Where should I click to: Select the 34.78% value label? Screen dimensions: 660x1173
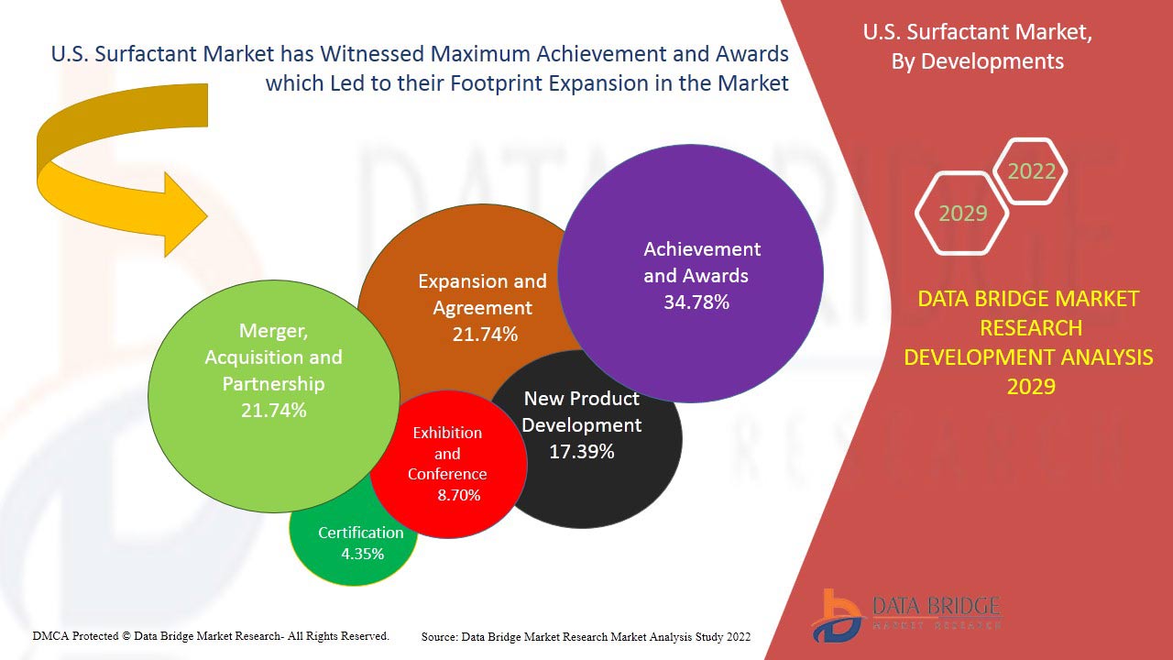(x=696, y=302)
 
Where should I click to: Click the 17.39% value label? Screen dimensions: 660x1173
(x=582, y=452)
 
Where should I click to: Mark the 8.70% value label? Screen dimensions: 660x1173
(x=459, y=495)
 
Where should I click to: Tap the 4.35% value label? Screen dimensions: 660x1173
(x=362, y=554)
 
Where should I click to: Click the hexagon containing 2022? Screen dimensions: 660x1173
(x=1031, y=171)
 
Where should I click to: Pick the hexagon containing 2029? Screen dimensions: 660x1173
(x=962, y=214)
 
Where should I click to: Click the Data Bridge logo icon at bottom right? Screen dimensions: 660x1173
(x=835, y=614)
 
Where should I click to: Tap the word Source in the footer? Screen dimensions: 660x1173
(x=440, y=635)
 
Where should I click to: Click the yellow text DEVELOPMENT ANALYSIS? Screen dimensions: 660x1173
(x=1028, y=357)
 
